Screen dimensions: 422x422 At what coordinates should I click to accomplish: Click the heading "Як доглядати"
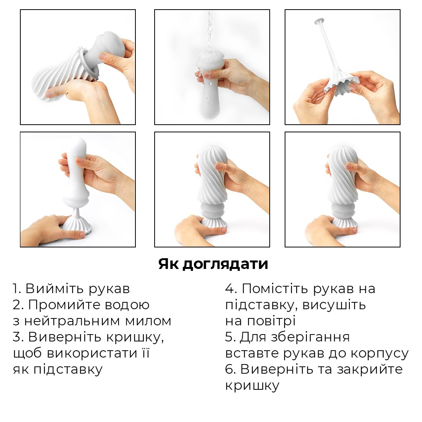pyautogui.click(x=213, y=264)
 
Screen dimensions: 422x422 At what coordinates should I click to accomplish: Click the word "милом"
pyautogui.click(x=150, y=321)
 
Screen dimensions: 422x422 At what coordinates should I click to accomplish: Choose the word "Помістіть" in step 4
pyautogui.click(x=275, y=288)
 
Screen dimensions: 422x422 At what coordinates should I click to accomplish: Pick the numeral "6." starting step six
pyautogui.click(x=231, y=369)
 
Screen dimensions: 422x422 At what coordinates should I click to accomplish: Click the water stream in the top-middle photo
pyautogui.click(x=209, y=27)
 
